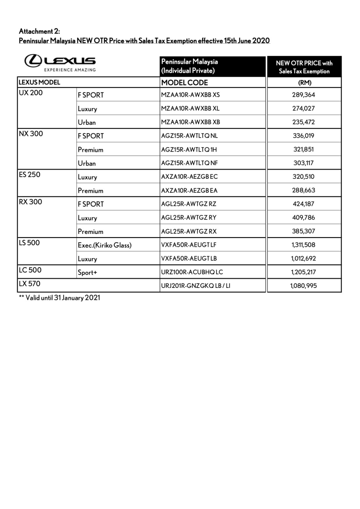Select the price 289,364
click(304, 95)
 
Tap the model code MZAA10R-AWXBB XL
click(190, 108)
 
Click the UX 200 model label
click(30, 93)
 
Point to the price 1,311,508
click(304, 245)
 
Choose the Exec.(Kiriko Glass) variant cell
click(104, 245)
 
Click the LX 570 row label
click(30, 284)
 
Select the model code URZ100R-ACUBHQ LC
click(192, 272)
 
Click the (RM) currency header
click(304, 83)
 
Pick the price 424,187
click(304, 204)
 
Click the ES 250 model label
click(29, 175)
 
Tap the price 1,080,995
click(304, 285)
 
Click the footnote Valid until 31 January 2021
click(60, 297)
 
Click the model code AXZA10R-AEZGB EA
click(189, 190)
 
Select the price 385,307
click(304, 231)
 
